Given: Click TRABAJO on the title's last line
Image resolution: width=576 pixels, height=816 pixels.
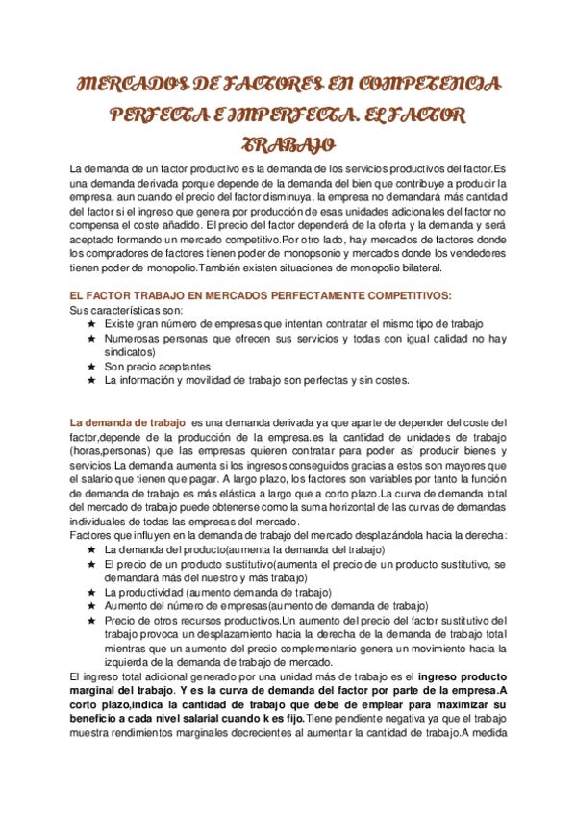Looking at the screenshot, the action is (288, 146).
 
